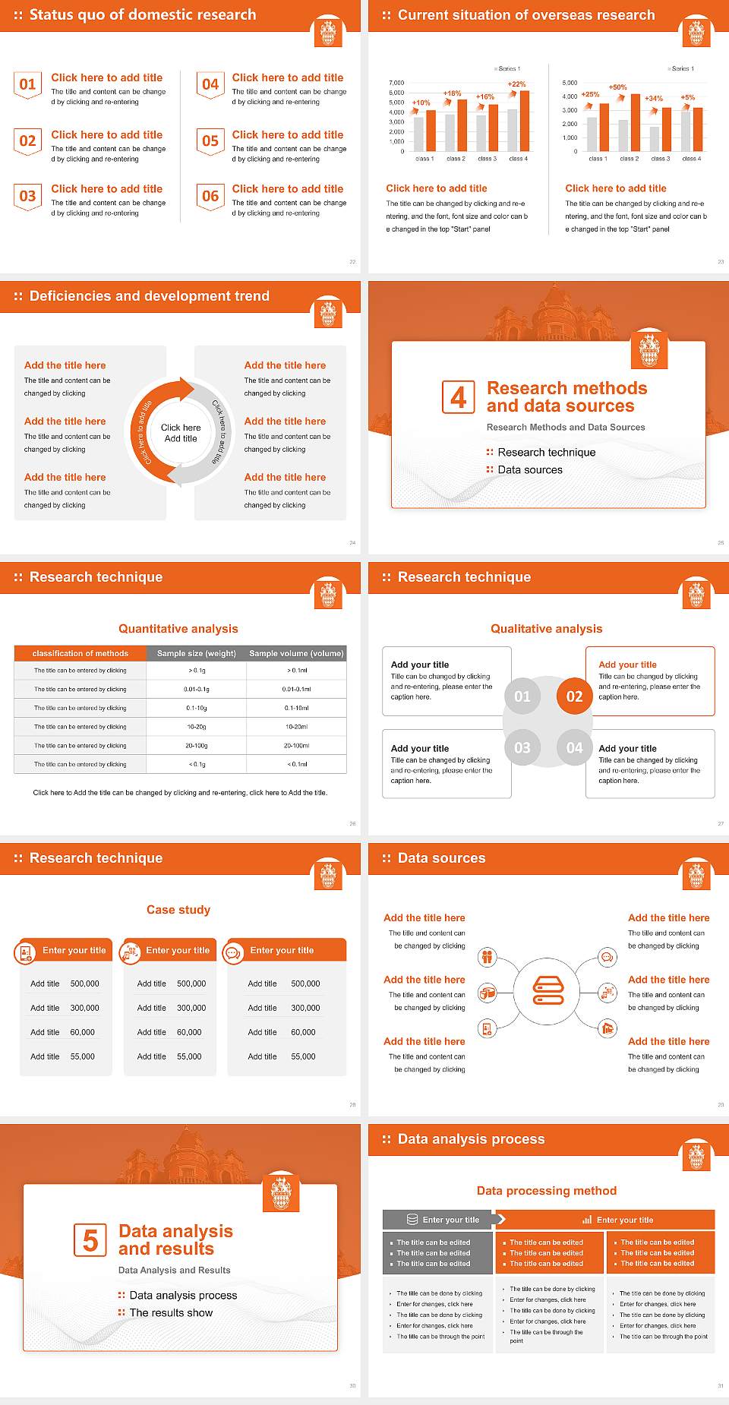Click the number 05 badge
[x=210, y=141]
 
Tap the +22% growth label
[x=516, y=84]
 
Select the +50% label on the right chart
[x=617, y=87]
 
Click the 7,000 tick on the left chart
[x=396, y=83]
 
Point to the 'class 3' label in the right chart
[x=660, y=159]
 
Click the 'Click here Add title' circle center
[x=181, y=433]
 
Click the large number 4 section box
[x=458, y=397]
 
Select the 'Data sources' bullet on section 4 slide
[x=530, y=470]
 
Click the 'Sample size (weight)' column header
[x=196, y=653]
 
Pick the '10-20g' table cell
[x=196, y=727]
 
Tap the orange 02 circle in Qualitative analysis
[x=574, y=696]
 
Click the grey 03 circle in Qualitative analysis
[x=522, y=748]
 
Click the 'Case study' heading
[x=178, y=910]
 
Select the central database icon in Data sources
[x=548, y=990]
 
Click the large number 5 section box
[x=90, y=1240]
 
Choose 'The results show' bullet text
[x=171, y=1313]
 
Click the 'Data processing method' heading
[x=546, y=1191]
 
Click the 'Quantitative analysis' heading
[x=178, y=629]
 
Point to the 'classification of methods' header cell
[x=80, y=653]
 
